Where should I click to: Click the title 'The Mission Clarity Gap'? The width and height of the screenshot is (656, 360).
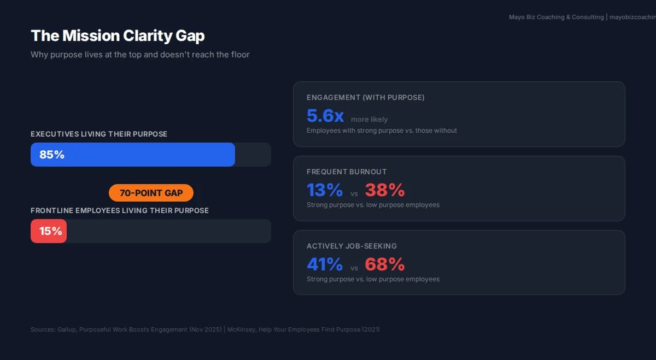[x=118, y=36]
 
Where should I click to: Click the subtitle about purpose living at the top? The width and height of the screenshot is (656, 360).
[x=140, y=55]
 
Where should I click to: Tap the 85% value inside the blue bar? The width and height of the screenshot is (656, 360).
[x=52, y=155]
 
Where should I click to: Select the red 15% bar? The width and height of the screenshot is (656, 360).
[x=49, y=231]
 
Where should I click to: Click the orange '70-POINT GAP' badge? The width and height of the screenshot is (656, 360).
[x=151, y=193]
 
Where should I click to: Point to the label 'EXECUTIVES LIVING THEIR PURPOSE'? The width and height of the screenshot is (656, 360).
[x=99, y=134]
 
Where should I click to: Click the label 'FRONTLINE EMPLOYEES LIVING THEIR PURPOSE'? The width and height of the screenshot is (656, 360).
[x=120, y=210]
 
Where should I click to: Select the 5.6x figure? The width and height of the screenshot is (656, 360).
[x=325, y=116]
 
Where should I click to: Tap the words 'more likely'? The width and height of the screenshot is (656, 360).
[x=369, y=119]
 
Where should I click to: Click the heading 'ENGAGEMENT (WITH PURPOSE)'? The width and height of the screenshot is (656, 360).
[x=365, y=98]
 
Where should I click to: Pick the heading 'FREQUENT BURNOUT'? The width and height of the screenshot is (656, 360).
[x=347, y=172]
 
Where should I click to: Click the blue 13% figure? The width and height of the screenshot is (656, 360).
[x=325, y=190]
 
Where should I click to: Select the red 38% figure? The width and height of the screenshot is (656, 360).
[x=385, y=190]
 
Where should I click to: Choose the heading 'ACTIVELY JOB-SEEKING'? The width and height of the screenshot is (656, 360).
[x=352, y=246]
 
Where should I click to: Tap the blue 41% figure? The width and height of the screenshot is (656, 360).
[x=325, y=264]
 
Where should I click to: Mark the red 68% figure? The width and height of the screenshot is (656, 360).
[x=385, y=264]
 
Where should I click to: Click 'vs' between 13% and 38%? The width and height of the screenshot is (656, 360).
[x=354, y=193]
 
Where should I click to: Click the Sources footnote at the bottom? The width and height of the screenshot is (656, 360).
[x=205, y=329]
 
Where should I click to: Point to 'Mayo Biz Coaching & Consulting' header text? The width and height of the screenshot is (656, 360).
[x=556, y=17]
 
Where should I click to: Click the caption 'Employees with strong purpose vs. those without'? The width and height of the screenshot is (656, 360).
[x=382, y=131]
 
